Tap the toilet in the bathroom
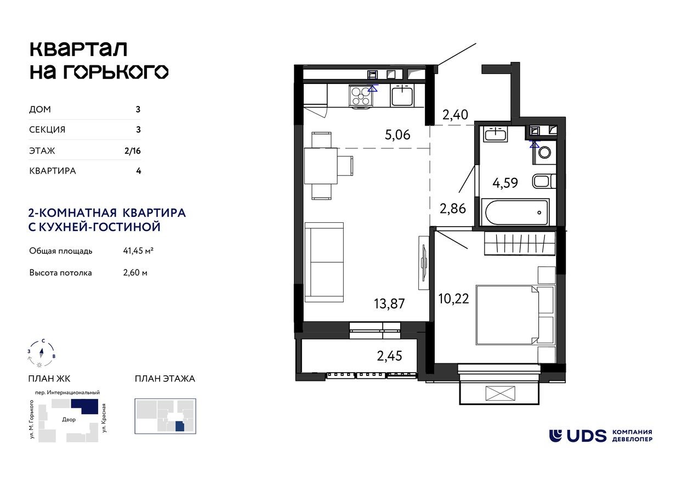point(544,153)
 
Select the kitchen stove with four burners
point(360,96)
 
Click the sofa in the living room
point(323,262)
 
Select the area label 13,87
point(389,303)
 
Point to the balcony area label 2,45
point(389,356)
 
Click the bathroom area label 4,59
point(505,182)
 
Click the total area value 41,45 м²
point(138,251)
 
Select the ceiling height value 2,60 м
point(135,272)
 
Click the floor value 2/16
point(133,150)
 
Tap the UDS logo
point(578,436)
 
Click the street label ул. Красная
point(104,417)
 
